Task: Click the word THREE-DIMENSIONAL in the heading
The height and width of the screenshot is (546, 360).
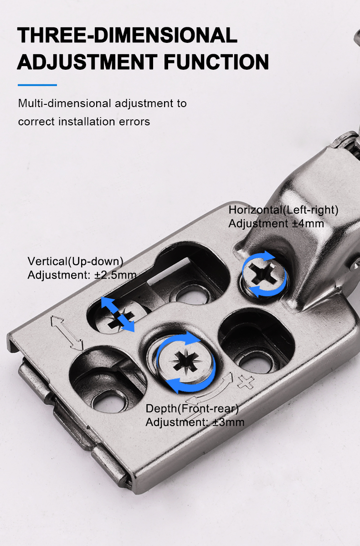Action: [128, 35]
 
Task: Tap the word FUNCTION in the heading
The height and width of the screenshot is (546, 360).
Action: [216, 62]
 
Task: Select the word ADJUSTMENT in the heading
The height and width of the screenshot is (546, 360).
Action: [87, 62]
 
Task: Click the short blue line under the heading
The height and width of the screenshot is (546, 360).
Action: [37, 85]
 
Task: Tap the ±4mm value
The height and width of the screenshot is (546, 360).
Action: [308, 224]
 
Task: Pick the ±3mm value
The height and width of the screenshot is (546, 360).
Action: [228, 422]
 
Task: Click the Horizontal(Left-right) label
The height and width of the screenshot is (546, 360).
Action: [283, 210]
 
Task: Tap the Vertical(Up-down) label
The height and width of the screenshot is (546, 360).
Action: [76, 261]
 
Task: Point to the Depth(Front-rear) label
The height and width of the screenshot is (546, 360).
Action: [192, 408]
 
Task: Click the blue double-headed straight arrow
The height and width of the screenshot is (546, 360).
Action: [118, 314]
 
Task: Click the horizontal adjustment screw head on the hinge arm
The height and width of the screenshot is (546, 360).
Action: [265, 275]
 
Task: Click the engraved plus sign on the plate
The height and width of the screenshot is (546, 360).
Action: [246, 381]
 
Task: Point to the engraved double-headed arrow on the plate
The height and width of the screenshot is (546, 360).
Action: [66, 333]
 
